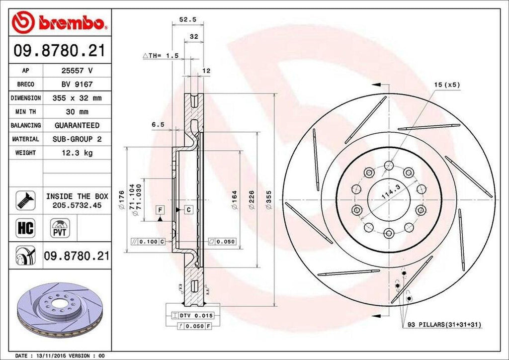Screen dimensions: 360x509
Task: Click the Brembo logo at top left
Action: tap(60, 22)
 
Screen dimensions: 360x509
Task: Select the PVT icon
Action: tap(59, 229)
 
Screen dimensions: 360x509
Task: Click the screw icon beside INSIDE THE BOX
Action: tap(26, 200)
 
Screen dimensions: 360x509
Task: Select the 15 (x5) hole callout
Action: tap(446, 85)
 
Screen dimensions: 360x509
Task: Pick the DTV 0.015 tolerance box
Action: tap(192, 316)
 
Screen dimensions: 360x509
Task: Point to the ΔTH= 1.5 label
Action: tap(161, 56)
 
